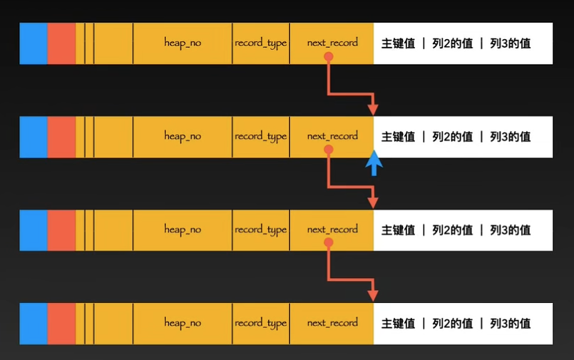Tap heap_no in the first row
[183, 43]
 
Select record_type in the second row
[260, 136]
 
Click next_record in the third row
[332, 230]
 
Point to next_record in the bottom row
[332, 323]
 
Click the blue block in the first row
[34, 43]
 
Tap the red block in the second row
[61, 136]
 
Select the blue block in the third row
[34, 230]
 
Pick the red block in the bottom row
[61, 323]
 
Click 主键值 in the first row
[398, 43]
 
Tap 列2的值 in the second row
[452, 137]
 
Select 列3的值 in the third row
[510, 230]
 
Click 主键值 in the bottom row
[398, 324]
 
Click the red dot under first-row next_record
[328, 56]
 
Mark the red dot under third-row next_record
[328, 242]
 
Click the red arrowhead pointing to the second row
[373, 109]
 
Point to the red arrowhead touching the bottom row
[373, 295]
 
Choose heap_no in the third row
[183, 230]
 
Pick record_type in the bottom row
[260, 323]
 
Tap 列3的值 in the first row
[510, 43]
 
